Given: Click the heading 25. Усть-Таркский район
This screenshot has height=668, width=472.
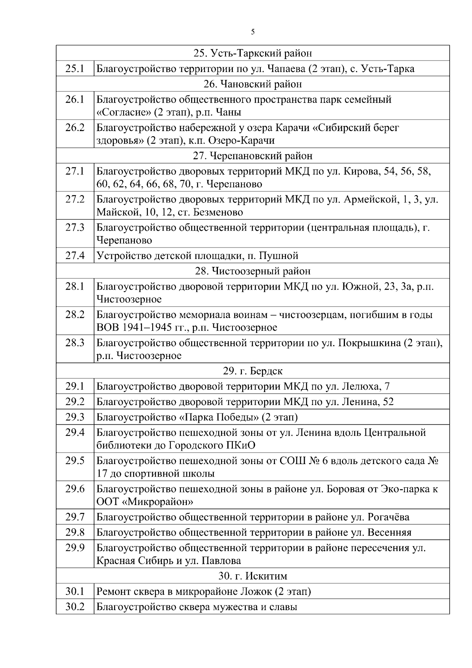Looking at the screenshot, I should [253, 53].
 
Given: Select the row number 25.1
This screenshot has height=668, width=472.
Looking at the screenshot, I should [75, 68].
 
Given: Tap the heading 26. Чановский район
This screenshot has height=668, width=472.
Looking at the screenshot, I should [253, 84].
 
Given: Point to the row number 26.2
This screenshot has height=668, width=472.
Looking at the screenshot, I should [75, 128].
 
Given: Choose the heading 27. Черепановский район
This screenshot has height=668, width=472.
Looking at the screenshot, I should [253, 156].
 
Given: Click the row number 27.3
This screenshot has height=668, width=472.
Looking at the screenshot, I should [75, 228].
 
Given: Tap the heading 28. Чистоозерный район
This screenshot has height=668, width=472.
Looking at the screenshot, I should [253, 271].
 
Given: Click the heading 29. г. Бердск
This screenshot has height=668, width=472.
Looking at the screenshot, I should [253, 371].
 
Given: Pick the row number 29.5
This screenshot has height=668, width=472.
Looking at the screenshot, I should [75, 461].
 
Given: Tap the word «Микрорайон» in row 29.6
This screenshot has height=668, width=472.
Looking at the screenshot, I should [159, 502].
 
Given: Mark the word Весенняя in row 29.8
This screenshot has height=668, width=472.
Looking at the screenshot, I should [389, 533].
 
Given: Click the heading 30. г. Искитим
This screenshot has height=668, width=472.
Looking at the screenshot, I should [253, 576].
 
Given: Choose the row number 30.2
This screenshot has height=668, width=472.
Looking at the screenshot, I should [75, 607].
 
